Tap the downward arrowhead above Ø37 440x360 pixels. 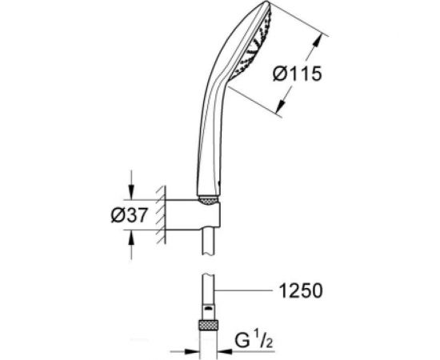pos(131,192)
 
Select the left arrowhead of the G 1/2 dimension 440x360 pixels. pos(192,349)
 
